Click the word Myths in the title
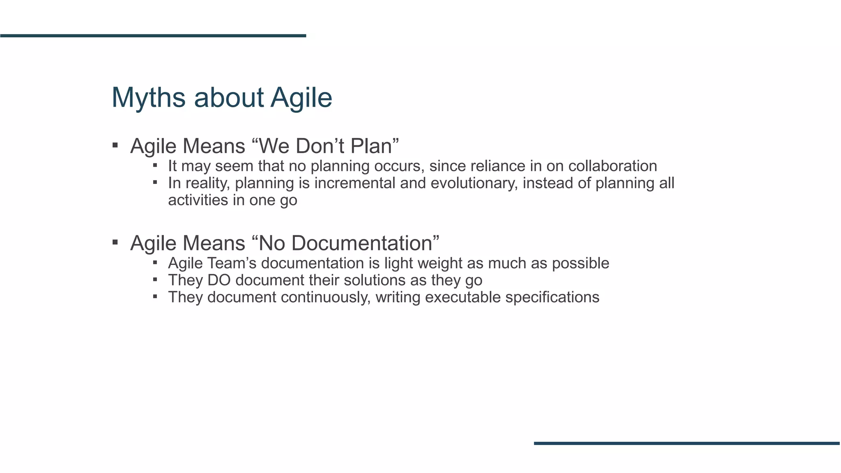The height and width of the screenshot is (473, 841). pyautogui.click(x=148, y=98)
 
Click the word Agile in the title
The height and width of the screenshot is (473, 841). pyautogui.click(x=301, y=98)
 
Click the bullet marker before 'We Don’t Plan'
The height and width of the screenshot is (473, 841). pyautogui.click(x=115, y=145)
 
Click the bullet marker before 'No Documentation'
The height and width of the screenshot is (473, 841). pyautogui.click(x=115, y=242)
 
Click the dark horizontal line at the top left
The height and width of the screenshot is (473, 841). pyautogui.click(x=153, y=36)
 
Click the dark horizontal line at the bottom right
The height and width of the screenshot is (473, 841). pyautogui.click(x=687, y=443)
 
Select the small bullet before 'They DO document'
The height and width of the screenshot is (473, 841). pyautogui.click(x=155, y=279)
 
